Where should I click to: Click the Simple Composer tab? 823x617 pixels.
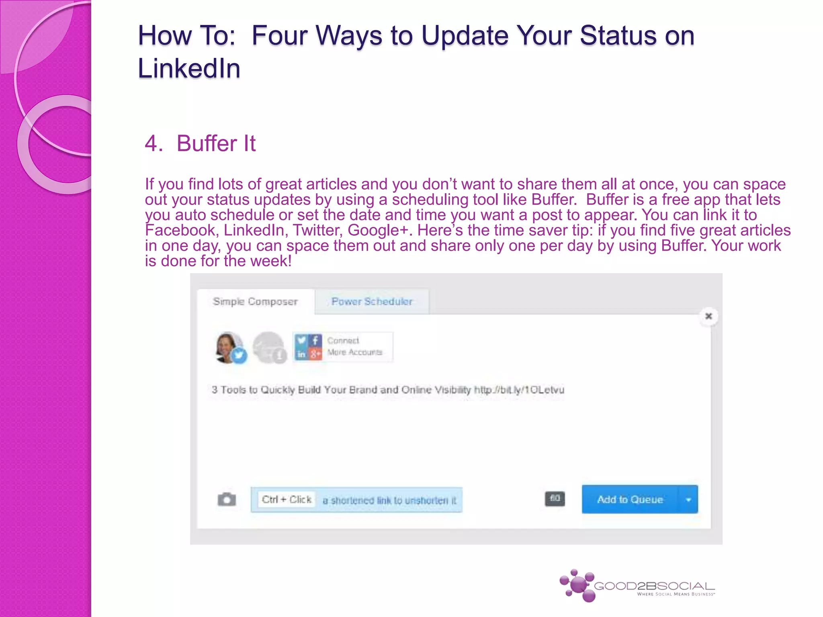pos(255,302)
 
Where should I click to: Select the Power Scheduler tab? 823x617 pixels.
pos(372,302)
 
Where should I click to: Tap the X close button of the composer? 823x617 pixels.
pos(708,316)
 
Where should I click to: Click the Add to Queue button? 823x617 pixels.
pos(630,499)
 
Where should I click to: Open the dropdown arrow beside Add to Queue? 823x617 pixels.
pos(688,500)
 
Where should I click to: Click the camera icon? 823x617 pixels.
pos(227,499)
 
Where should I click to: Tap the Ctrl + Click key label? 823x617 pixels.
pos(287,499)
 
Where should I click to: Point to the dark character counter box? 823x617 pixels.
pos(555,499)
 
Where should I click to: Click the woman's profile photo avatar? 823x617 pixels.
pos(228,346)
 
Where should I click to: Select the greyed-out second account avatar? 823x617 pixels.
pos(268,347)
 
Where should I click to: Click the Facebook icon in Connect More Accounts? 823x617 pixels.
pos(315,341)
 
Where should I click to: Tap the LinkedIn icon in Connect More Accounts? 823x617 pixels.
pos(301,354)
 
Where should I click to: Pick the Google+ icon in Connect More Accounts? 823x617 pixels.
pos(315,354)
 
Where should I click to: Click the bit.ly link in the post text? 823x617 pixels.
pos(519,390)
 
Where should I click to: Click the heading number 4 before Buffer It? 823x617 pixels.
pos(153,143)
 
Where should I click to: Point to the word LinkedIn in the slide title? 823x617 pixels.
pos(189,68)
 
